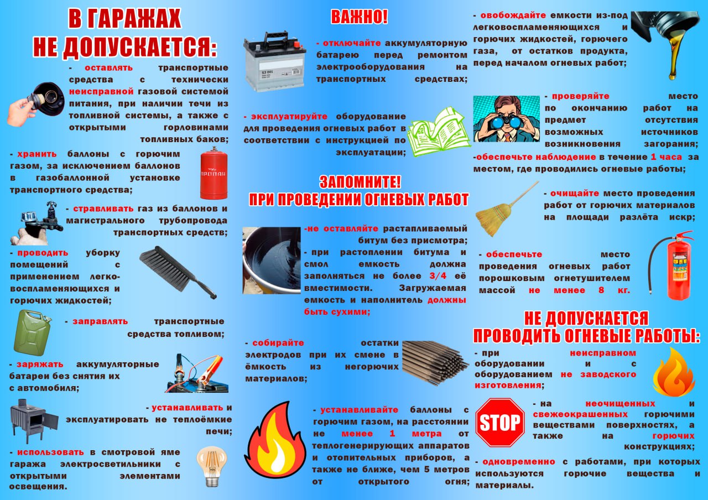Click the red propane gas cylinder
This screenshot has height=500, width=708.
tap(214, 173)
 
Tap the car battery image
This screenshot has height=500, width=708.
tap(274, 61)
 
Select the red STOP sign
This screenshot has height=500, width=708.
tap(499, 422)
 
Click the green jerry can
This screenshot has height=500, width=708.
tap(33, 332)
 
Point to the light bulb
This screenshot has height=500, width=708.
tap(212, 466)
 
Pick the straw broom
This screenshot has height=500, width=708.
tap(506, 209)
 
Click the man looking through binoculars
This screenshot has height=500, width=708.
tap(506, 119)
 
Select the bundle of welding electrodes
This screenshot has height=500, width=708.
tap(435, 362)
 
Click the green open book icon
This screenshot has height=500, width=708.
tap(439, 132)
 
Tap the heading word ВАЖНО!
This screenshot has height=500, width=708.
tap(359, 17)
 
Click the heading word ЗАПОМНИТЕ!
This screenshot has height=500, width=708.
tap(360, 182)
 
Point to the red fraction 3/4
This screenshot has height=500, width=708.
tap(438, 276)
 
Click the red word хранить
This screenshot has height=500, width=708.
tap(37, 154)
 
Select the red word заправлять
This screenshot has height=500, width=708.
tap(100, 321)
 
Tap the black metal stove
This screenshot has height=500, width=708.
tap(34, 421)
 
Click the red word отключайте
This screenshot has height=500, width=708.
tap(352, 43)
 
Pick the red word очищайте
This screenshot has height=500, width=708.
tap(575, 194)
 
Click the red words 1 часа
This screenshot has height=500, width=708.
tap(666, 157)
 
